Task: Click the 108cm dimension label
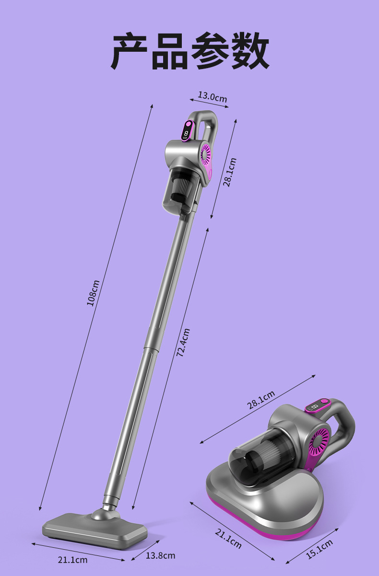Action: (93, 293)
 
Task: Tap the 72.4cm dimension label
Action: (183, 342)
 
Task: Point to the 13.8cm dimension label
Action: (160, 555)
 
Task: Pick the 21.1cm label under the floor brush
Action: (72, 560)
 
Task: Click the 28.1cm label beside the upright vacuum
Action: (229, 172)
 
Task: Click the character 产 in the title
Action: (130, 51)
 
